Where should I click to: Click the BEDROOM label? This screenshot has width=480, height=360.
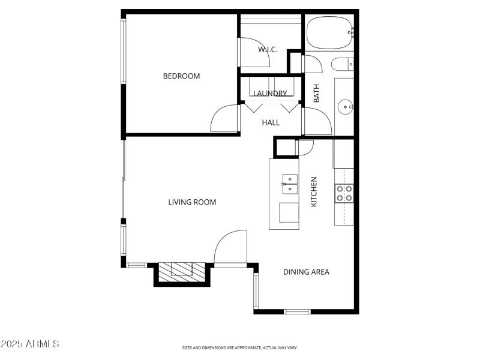(181, 76)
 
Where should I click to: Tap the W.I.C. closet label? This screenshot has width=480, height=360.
(268, 50)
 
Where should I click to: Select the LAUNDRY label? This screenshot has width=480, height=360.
(269, 94)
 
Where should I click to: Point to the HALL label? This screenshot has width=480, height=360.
(271, 122)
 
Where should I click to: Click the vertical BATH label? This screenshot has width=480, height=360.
(317, 92)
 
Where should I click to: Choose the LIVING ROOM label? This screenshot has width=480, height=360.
(192, 202)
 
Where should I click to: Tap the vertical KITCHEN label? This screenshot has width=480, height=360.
(313, 192)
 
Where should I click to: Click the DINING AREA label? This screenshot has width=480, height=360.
(306, 272)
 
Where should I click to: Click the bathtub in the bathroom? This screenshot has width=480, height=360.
(329, 32)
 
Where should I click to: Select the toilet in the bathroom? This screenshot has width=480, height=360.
(343, 64)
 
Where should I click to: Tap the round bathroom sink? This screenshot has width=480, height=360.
(345, 107)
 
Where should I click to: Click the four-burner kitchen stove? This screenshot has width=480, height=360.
(344, 193)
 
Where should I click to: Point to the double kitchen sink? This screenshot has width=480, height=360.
(289, 184)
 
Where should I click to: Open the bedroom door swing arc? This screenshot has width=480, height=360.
(224, 118)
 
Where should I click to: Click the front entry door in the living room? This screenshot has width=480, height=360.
(230, 246)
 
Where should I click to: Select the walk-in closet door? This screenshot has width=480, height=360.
(247, 53)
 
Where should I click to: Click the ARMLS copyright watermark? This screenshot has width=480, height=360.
(30, 344)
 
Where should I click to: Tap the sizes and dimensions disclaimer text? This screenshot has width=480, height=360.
(240, 347)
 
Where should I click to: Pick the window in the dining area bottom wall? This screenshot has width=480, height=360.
(297, 311)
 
